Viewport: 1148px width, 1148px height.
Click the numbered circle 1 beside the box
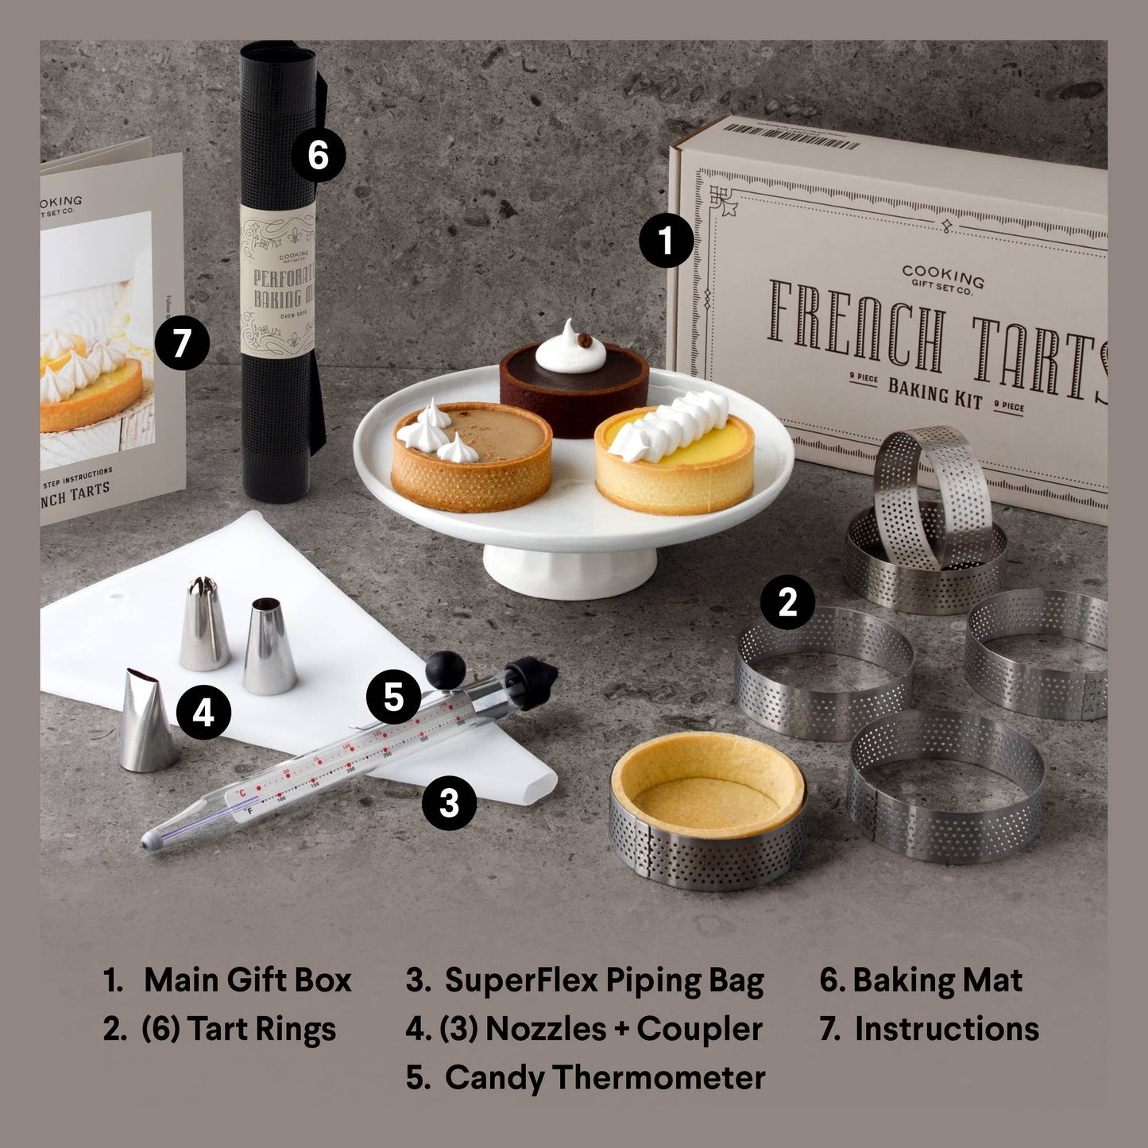click(667, 241)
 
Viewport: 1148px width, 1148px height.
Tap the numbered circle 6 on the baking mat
click(318, 154)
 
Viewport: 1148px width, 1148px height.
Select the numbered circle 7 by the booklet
click(182, 343)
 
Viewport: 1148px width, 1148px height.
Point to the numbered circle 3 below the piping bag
click(449, 802)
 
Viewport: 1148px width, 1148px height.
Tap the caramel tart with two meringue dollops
click(471, 457)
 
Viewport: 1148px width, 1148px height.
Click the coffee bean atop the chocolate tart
click(585, 341)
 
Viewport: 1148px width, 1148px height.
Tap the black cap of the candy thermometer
click(531, 682)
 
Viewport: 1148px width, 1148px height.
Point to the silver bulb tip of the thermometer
click(151, 839)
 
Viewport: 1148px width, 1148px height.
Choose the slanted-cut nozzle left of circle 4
click(147, 721)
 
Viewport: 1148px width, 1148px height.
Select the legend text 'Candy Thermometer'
click(604, 1077)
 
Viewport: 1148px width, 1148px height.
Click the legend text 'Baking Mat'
click(937, 980)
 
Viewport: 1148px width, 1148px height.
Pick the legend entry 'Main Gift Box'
click(247, 980)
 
